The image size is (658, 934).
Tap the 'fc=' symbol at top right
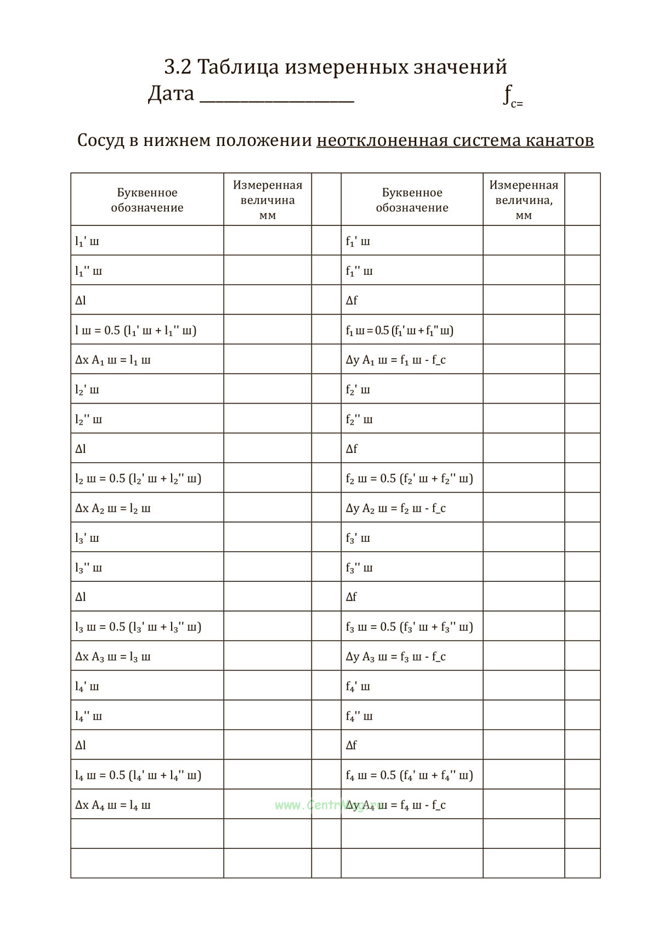click(x=512, y=97)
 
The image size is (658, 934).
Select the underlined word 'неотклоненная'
click(x=382, y=140)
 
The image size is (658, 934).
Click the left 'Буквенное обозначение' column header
click(x=147, y=200)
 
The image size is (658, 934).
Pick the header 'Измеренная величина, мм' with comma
click(x=523, y=200)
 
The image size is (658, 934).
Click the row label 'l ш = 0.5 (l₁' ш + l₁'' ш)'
click(x=135, y=330)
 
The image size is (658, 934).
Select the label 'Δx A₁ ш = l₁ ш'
click(x=112, y=360)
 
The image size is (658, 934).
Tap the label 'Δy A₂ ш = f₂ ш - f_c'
click(x=395, y=508)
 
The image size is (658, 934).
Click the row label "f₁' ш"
click(x=358, y=241)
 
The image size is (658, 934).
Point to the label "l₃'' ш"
click(x=88, y=568)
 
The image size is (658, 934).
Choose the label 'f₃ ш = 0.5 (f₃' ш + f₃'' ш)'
click(x=409, y=627)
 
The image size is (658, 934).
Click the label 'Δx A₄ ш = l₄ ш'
click(x=112, y=805)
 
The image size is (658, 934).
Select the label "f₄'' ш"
click(x=359, y=716)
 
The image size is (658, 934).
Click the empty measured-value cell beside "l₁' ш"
click(x=267, y=241)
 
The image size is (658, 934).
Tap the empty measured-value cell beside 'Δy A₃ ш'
click(x=523, y=656)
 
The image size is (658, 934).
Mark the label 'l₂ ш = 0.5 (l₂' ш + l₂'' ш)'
click(x=138, y=479)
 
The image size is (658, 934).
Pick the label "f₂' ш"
click(x=358, y=390)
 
